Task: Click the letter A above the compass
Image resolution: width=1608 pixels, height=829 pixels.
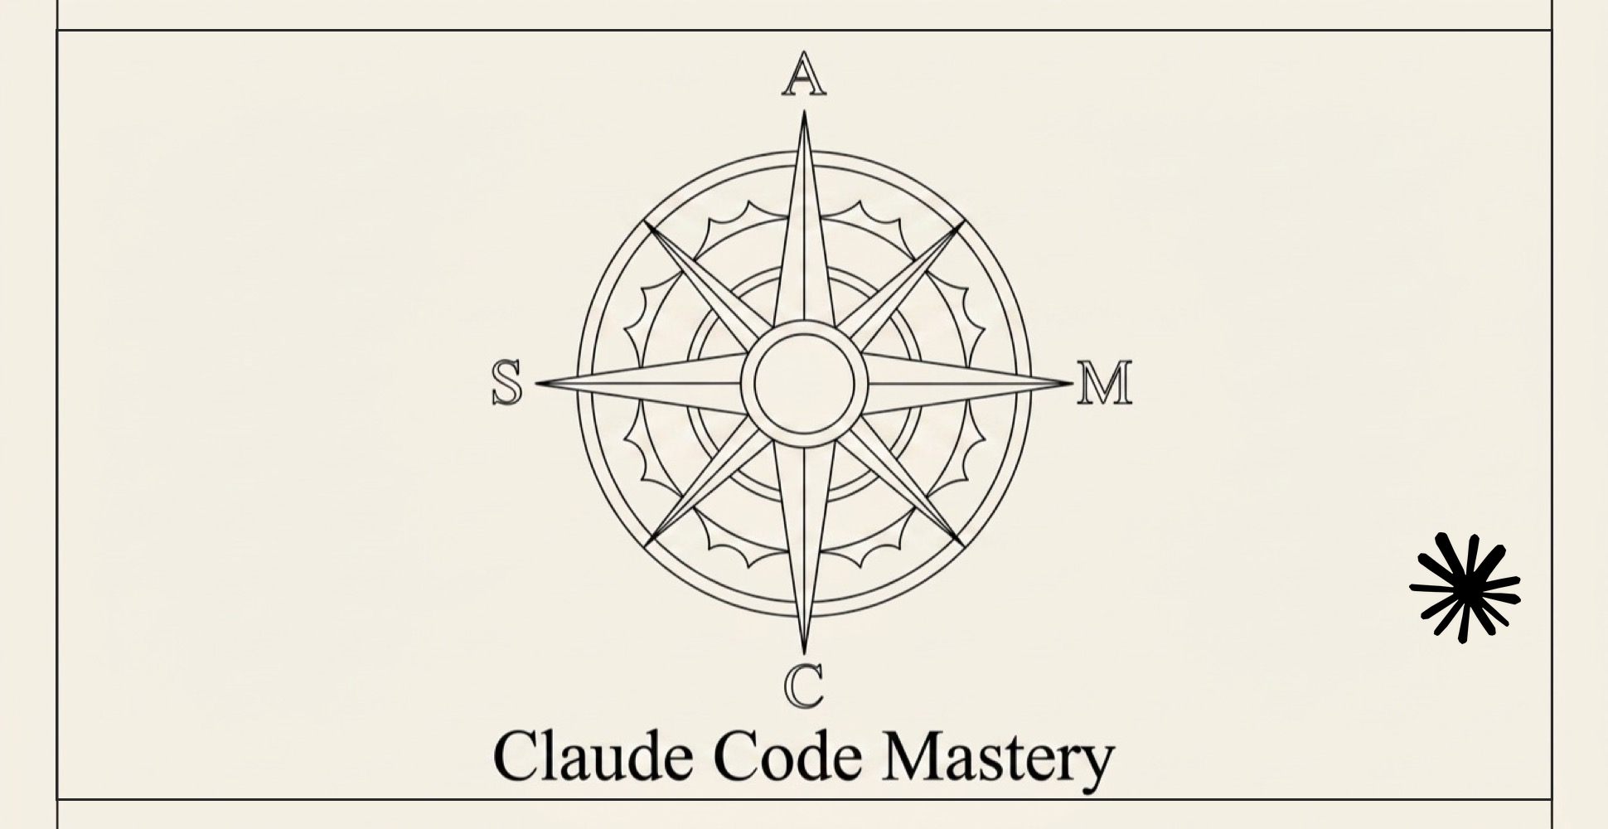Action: pos(803,74)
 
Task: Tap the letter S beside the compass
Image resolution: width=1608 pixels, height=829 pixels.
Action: pos(507,383)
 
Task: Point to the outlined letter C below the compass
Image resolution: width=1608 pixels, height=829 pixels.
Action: pos(803,687)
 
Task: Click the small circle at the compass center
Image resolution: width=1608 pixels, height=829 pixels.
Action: pos(804,384)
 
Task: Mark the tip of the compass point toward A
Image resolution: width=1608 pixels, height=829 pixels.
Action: pos(804,111)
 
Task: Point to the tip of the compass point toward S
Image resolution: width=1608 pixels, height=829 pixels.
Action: pos(536,384)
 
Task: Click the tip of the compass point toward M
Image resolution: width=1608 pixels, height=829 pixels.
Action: pos(1072,383)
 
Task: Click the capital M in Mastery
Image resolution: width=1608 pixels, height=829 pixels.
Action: pos(910,755)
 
